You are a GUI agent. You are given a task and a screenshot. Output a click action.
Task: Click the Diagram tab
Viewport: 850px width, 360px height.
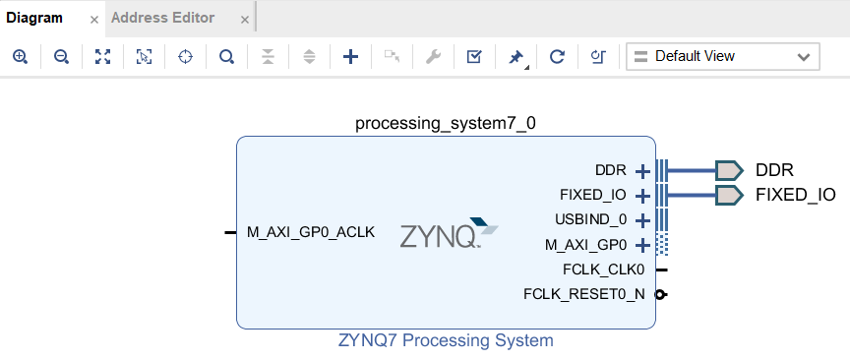(34, 18)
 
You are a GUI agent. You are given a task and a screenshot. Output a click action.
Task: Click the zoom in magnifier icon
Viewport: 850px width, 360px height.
(20, 57)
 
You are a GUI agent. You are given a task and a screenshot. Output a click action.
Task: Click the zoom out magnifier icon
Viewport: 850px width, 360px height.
(61, 57)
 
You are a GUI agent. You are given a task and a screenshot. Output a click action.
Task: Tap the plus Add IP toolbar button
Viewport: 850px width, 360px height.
(350, 57)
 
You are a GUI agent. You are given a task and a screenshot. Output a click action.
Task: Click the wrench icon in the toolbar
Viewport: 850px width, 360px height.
(432, 57)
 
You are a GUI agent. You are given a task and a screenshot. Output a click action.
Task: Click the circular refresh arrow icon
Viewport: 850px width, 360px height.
(557, 57)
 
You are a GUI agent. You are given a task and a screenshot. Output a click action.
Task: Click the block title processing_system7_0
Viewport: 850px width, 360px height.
(446, 123)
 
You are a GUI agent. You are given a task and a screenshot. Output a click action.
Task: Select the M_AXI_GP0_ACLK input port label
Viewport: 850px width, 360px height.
(310, 233)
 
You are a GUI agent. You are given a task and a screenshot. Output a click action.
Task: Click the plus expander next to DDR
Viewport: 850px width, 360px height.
(643, 171)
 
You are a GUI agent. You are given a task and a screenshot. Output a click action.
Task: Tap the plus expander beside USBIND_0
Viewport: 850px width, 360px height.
(643, 220)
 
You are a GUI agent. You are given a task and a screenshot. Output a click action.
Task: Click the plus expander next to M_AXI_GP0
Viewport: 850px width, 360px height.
(643, 245)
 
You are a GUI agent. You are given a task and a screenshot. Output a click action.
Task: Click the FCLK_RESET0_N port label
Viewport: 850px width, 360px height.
(584, 294)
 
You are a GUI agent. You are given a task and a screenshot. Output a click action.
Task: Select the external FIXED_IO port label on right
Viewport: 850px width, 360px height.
(795, 195)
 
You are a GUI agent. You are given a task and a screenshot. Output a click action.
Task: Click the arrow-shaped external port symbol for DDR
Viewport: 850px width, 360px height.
(728, 170)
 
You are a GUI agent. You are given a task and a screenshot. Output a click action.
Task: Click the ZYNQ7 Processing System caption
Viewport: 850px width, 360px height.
(446, 341)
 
